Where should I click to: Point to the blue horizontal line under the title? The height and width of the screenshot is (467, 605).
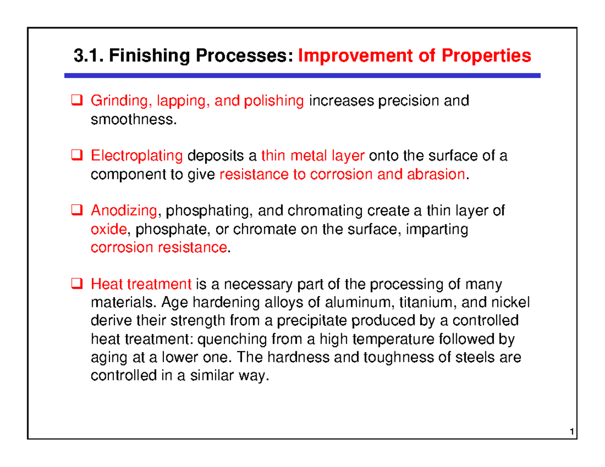point(302,76)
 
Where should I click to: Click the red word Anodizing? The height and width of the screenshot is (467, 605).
point(124,211)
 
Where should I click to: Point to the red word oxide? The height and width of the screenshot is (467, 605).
point(108,230)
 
